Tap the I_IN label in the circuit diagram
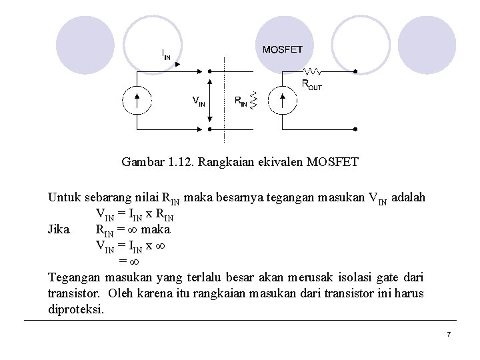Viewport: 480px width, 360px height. coord(166,54)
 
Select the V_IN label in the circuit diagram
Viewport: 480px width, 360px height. coord(198,101)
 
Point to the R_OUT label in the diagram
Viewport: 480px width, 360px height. coord(312,85)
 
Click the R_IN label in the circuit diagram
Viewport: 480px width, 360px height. coord(241,101)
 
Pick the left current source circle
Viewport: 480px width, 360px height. coord(137,100)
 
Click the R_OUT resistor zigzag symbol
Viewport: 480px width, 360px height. coord(313,71)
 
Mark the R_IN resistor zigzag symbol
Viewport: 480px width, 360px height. coord(253,101)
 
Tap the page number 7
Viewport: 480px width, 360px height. coord(449,333)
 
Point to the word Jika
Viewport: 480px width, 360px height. coord(59,229)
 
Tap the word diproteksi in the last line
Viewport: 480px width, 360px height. coord(76,309)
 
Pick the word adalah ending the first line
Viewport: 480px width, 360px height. coord(409,198)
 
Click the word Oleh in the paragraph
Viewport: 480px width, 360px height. coord(120,293)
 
